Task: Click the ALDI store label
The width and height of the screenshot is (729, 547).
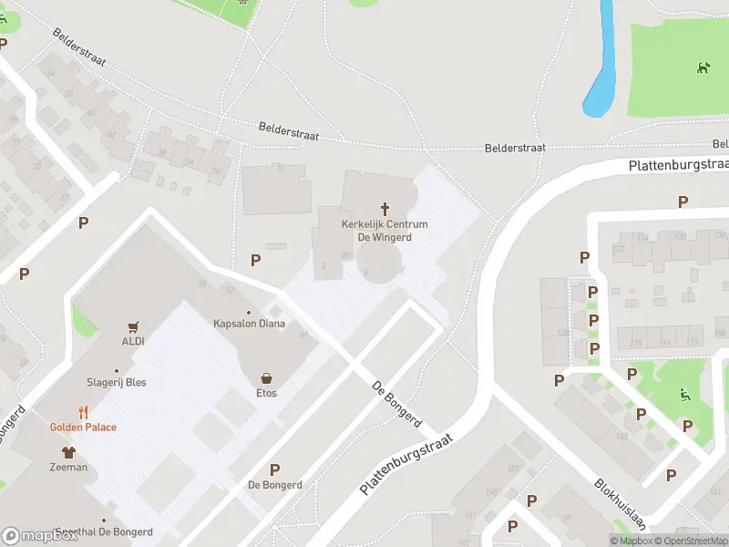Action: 134,341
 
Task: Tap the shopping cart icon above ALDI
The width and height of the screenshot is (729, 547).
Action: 134,326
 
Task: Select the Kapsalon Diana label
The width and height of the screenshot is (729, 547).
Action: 249,323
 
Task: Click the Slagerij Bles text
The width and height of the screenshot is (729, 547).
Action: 116,382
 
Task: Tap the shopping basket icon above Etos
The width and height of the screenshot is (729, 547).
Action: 266,378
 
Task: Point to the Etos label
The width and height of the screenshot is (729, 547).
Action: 266,393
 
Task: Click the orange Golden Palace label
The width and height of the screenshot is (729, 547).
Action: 83,427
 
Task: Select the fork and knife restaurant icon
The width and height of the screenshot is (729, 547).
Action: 83,412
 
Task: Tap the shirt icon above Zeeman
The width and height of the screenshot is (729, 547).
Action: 68,452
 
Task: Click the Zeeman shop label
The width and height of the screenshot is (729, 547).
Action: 68,467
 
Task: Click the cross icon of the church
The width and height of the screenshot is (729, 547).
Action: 385,209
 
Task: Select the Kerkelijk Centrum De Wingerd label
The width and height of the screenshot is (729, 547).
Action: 385,230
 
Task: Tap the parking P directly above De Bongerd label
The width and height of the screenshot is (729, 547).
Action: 274,470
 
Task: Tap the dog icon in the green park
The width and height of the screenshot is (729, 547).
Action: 703,67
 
